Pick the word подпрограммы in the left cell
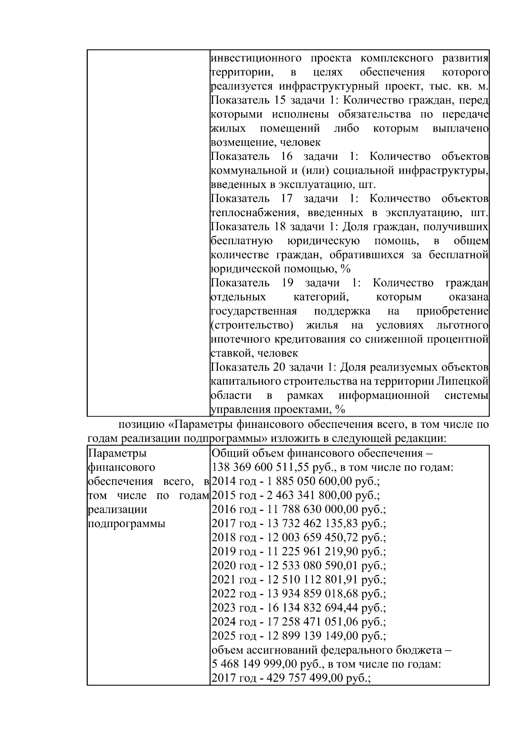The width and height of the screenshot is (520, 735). [127, 524]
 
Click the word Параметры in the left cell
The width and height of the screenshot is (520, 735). [117, 453]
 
